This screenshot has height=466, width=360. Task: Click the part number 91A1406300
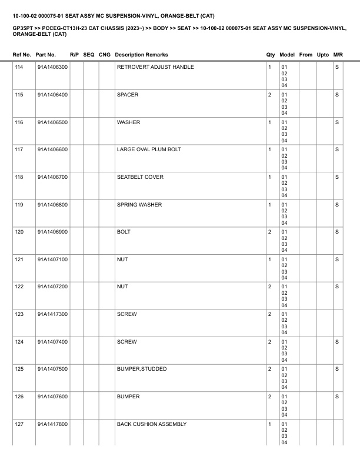click(52, 67)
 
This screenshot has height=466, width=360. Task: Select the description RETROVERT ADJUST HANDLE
click(155, 67)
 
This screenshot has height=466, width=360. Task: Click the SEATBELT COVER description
click(140, 177)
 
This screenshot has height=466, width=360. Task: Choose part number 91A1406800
click(52, 205)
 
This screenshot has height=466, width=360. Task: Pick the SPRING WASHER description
click(139, 205)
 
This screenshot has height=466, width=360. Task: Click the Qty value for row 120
click(269, 232)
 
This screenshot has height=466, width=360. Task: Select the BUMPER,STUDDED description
click(142, 369)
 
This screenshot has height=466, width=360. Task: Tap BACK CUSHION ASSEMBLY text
click(152, 424)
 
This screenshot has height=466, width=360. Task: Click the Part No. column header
click(46, 55)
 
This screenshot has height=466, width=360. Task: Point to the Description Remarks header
click(141, 55)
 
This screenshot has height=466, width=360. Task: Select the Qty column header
click(271, 55)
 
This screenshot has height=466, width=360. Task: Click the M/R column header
click(338, 55)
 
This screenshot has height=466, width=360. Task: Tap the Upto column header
click(322, 55)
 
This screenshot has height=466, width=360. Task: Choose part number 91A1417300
click(52, 314)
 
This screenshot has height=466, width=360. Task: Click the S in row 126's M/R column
click(337, 397)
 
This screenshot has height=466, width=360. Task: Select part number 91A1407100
click(52, 259)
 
